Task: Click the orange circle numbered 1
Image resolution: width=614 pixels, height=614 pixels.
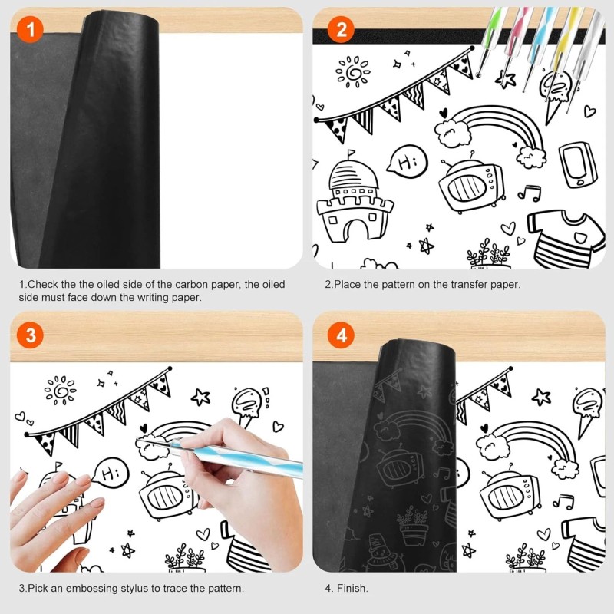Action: [x=28, y=30]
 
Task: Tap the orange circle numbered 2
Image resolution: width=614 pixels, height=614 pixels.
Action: [x=341, y=30]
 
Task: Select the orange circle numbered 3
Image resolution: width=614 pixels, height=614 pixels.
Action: [x=28, y=335]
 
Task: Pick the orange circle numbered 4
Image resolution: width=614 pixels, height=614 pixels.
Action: [x=341, y=335]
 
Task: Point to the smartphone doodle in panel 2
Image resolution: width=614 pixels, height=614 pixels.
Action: [x=575, y=162]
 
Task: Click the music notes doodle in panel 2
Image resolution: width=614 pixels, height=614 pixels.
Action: [x=529, y=192]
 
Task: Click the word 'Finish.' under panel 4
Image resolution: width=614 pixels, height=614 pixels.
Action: [x=353, y=589]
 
